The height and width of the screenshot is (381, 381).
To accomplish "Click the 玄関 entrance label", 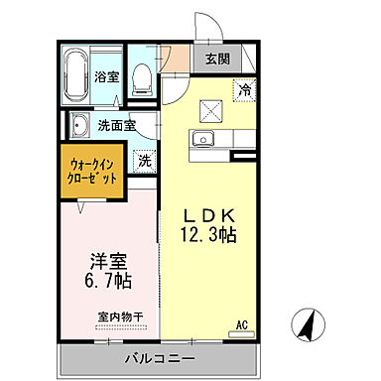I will coord(218,60).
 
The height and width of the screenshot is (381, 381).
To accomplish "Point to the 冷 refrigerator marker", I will coord(243,89).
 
